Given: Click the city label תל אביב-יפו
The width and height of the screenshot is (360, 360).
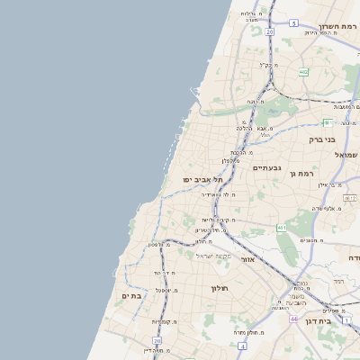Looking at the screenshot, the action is click(204, 180).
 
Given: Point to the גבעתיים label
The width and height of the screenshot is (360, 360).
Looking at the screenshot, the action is click(266, 168).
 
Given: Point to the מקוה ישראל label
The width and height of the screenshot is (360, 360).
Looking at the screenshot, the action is click(213, 256).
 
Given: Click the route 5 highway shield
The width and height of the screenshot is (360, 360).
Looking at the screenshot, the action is click(294, 22).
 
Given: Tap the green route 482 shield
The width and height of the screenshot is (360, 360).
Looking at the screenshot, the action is click(304, 71).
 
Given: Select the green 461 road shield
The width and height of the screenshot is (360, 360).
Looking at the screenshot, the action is click(282, 228).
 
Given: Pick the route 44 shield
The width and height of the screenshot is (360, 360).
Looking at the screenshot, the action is click(293, 319).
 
